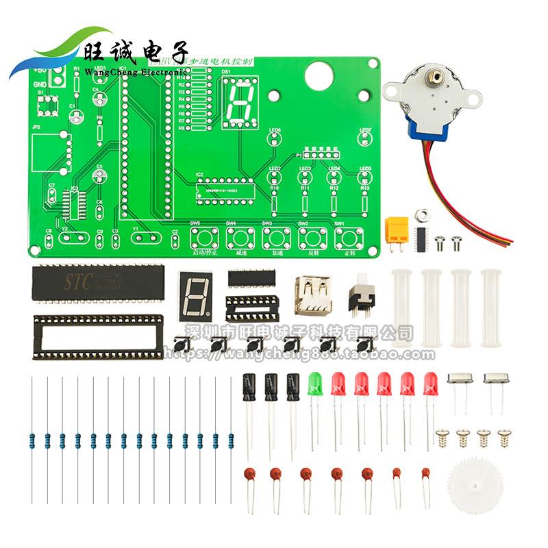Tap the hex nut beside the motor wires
pyautogui.click(x=423, y=216)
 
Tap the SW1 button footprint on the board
pyautogui.click(x=348, y=238)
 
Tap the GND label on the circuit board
pyautogui.click(x=40, y=84)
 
